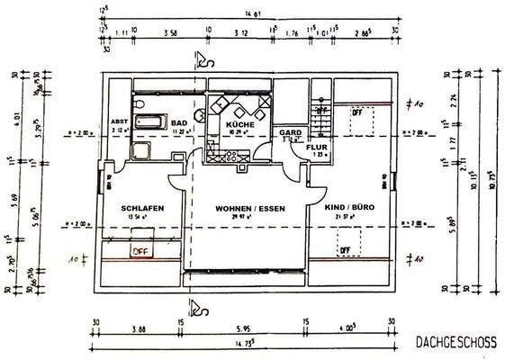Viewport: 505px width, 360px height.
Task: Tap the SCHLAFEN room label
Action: (x=141, y=209)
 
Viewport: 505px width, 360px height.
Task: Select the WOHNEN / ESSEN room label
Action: (x=249, y=209)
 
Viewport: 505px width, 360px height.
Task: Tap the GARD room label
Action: (x=289, y=132)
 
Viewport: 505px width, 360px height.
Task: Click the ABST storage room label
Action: (x=121, y=121)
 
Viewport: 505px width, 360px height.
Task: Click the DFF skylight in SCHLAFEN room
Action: (x=140, y=249)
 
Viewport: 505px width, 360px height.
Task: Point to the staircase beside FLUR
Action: (x=321, y=113)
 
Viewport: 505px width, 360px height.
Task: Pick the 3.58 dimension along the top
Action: (x=170, y=31)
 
